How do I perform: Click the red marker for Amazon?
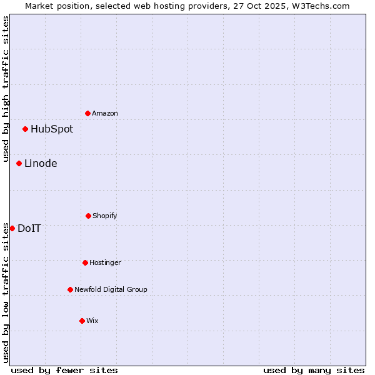pyautogui.click(x=87, y=113)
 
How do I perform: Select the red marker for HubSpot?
pyautogui.click(x=25, y=129)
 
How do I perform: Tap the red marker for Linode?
pyautogui.click(x=19, y=164)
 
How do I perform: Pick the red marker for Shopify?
pyautogui.click(x=88, y=216)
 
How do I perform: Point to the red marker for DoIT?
pyautogui.click(x=12, y=228)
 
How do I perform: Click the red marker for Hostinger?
pyautogui.click(x=85, y=262)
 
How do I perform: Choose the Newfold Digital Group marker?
pyautogui.click(x=70, y=289)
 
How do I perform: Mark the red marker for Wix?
pyautogui.click(x=82, y=321)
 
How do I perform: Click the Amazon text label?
pyautogui.click(x=105, y=113)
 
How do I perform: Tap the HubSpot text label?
pyautogui.click(x=52, y=129)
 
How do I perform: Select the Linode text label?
pyautogui.click(x=41, y=164)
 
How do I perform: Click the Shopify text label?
pyautogui.click(x=105, y=216)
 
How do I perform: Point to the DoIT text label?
pyautogui.click(x=29, y=228)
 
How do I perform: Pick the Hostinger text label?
pyautogui.click(x=105, y=262)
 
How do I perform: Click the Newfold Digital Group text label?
pyautogui.click(x=111, y=289)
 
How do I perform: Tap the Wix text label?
pyautogui.click(x=92, y=321)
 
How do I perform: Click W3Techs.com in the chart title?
pyautogui.click(x=319, y=6)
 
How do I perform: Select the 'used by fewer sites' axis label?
pyautogui.click(x=64, y=370)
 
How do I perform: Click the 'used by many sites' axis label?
pyautogui.click(x=314, y=370)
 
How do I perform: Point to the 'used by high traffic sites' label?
pyautogui.click(x=6, y=90)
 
